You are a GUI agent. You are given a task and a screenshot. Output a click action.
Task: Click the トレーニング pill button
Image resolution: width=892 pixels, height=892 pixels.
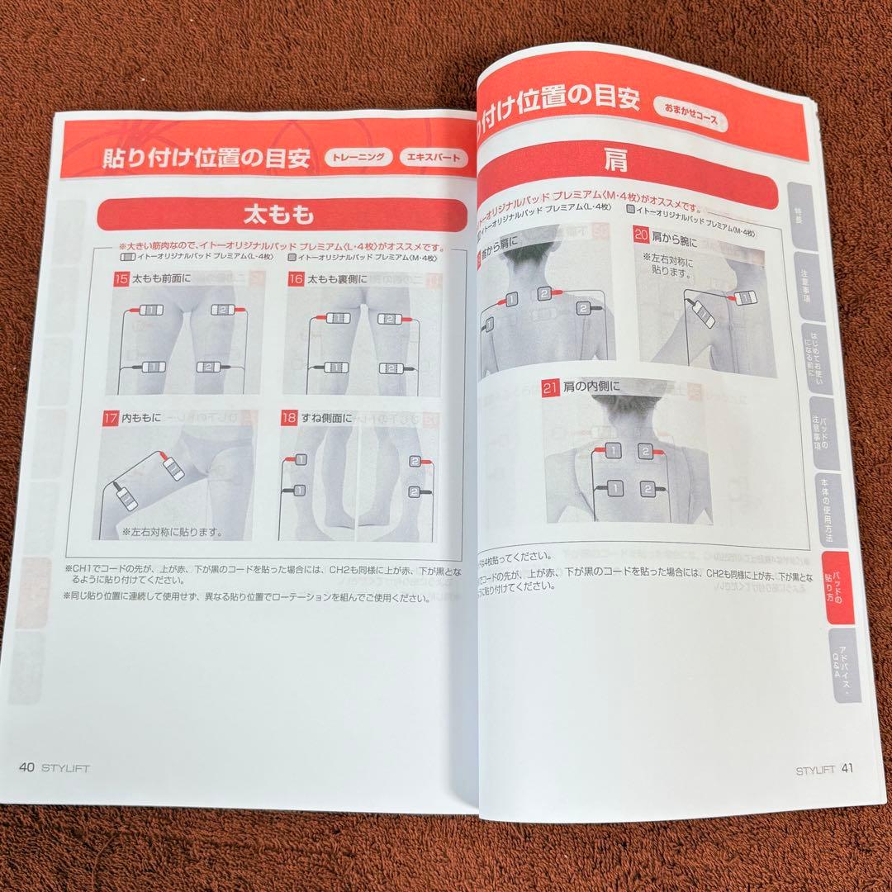(x=358, y=158)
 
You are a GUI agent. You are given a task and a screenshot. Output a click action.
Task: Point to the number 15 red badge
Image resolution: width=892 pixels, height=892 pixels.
(x=121, y=279)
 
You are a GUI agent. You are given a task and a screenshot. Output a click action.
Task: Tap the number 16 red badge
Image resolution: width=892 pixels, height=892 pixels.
(x=295, y=280)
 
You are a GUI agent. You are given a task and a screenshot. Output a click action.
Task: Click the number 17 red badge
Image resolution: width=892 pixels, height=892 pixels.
(x=110, y=418)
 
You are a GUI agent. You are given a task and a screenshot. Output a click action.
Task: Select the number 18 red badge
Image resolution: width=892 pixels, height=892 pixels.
(x=288, y=418)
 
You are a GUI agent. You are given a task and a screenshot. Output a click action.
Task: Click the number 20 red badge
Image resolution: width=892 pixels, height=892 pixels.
(x=641, y=235)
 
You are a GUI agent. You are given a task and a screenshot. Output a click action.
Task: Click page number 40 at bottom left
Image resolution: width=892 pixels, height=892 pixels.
(x=26, y=766)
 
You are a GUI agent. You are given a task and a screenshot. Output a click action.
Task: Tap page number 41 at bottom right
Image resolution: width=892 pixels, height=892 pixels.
(x=847, y=768)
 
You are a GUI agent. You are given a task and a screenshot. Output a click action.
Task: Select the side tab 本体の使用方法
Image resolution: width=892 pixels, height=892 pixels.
(x=828, y=507)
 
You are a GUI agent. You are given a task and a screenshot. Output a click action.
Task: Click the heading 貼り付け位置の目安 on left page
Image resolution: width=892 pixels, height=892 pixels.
(x=195, y=159)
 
